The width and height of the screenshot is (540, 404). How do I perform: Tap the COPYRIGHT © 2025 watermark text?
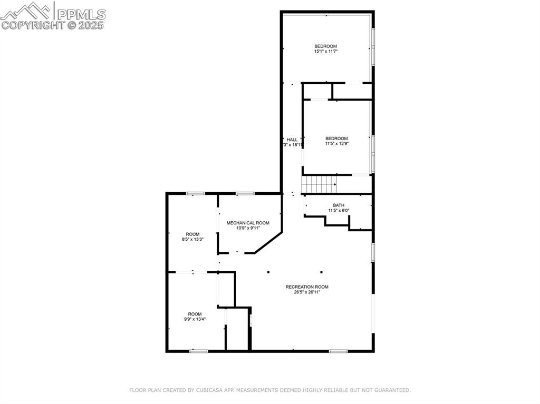click(x=53, y=25)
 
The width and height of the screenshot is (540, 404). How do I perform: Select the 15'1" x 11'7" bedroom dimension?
click(x=325, y=52)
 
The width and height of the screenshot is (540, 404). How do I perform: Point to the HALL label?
click(x=292, y=140)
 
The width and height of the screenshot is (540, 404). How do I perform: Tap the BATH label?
click(x=339, y=205)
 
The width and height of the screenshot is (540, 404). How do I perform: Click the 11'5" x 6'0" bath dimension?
click(x=339, y=211)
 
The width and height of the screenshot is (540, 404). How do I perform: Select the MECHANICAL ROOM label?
click(x=248, y=223)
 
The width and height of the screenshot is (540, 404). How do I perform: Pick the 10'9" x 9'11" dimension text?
click(x=248, y=229)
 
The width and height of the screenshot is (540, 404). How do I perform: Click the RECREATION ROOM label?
click(x=307, y=287)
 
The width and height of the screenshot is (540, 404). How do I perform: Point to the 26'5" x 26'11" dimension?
click(x=307, y=292)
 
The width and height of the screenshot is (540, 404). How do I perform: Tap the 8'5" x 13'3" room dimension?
click(x=192, y=240)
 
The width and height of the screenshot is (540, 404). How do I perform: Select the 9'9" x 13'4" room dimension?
click(x=195, y=319)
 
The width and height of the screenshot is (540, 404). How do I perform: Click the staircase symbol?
click(x=318, y=185)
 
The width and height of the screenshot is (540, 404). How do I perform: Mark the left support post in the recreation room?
click(x=268, y=272)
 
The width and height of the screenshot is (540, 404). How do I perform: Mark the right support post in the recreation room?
click(x=321, y=272)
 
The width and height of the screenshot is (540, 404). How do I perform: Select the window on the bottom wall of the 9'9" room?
click(x=199, y=351)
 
